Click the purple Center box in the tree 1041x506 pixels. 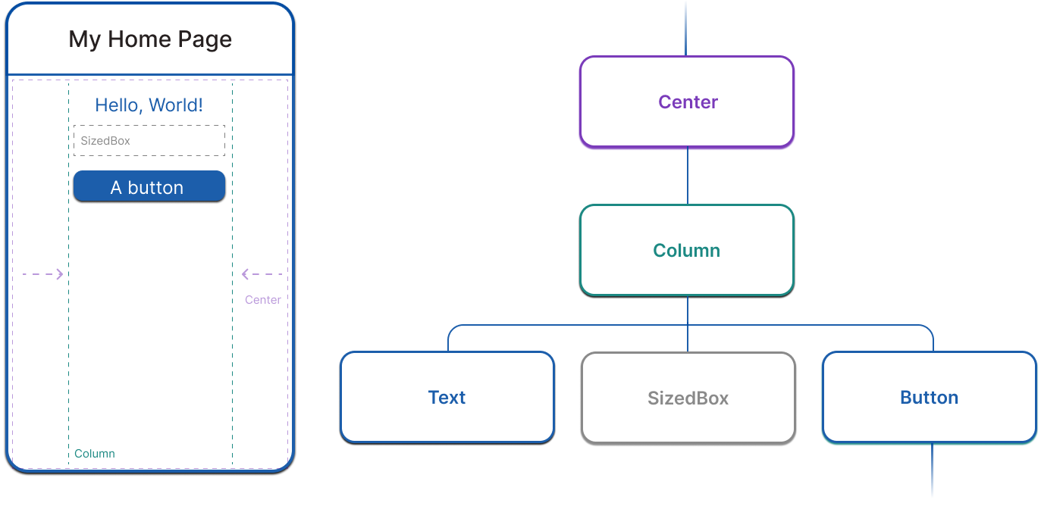[687, 102]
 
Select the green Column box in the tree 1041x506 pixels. [687, 250]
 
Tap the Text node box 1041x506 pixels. [447, 397]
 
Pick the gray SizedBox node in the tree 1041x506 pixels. [688, 397]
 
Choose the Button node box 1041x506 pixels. [929, 397]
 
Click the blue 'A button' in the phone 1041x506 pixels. [149, 186]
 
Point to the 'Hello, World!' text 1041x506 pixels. [149, 105]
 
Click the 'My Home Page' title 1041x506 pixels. [150, 39]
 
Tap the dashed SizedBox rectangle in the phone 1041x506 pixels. [149, 141]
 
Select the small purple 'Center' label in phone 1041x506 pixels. [263, 300]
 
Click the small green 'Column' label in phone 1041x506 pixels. [95, 454]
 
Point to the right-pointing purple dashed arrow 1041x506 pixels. [42, 274]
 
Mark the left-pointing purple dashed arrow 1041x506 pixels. [262, 274]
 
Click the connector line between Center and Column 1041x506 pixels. [688, 176]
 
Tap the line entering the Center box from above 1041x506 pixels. [686, 29]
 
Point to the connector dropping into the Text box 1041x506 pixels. [448, 340]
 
